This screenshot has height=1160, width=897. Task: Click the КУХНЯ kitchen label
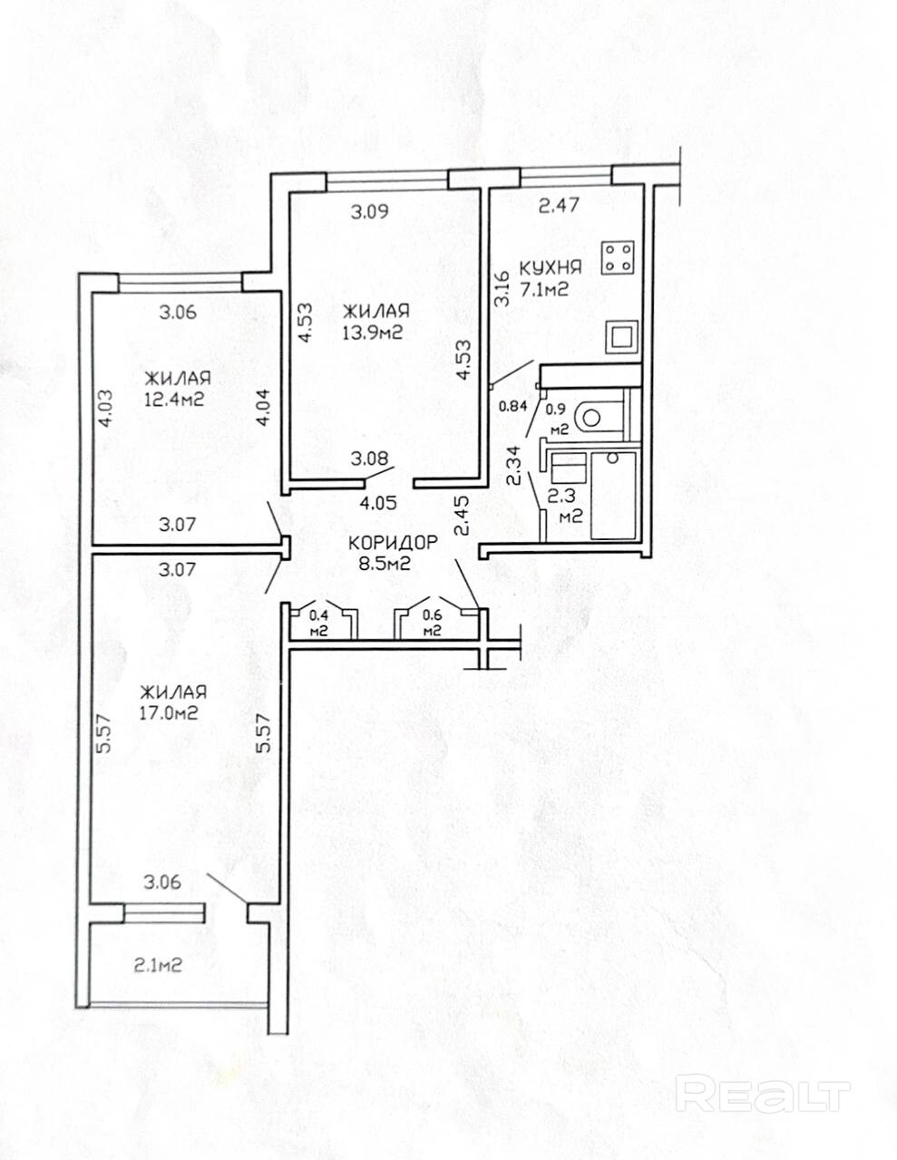551,267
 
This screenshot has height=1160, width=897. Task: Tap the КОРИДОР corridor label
393,543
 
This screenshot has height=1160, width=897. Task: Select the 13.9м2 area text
374,333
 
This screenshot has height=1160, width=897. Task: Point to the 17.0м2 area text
169,712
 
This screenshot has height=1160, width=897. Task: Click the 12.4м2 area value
174,400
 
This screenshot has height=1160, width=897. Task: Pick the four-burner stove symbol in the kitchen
619,258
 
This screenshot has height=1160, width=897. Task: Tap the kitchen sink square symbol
622,337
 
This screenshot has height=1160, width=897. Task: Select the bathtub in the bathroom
614,496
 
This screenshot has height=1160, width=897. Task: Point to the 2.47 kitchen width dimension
559,205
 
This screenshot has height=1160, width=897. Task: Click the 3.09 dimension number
370,212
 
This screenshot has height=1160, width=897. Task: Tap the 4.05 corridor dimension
378,503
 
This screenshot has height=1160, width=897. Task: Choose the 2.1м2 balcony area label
157,965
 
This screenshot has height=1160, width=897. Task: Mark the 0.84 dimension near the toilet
512,406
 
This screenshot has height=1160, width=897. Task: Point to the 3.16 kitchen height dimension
502,289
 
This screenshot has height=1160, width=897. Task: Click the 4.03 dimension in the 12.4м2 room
105,409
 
